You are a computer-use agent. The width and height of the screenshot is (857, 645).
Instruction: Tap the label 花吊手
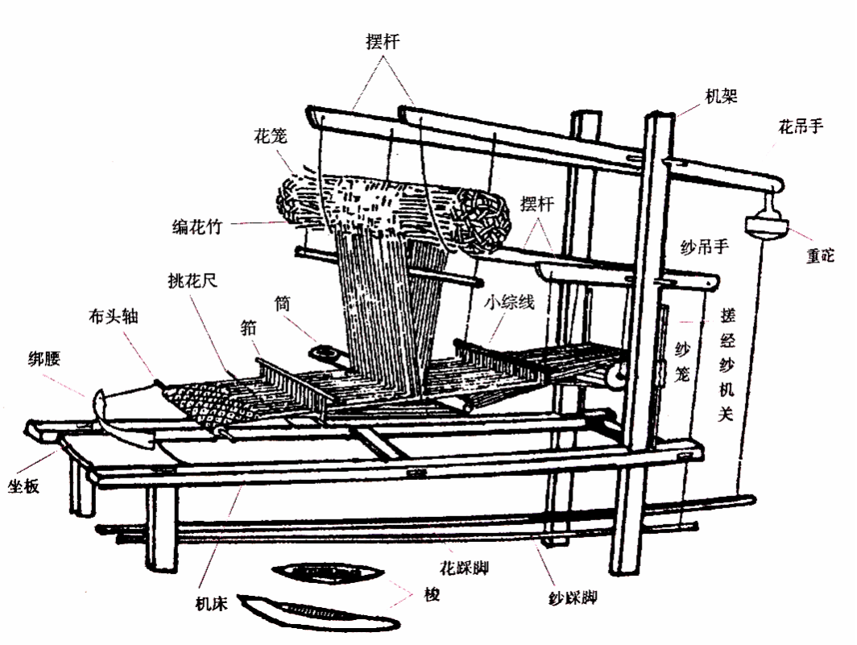click(x=800, y=126)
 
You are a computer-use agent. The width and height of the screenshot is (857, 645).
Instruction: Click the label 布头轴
click(x=113, y=316)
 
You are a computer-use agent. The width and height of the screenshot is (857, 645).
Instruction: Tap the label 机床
click(x=211, y=603)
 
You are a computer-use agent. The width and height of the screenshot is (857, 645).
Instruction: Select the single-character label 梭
click(x=432, y=597)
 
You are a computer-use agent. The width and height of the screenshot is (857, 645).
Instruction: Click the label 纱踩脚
click(x=572, y=598)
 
